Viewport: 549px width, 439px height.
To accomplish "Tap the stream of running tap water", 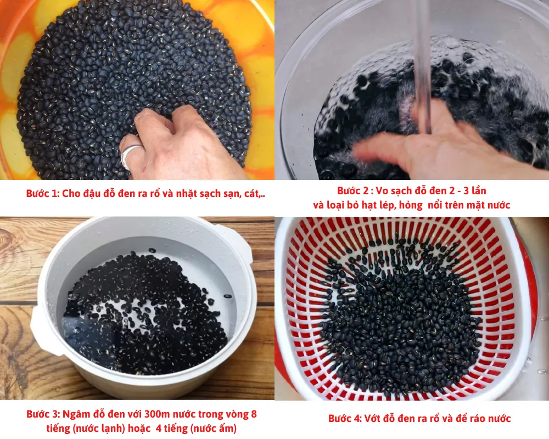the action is (x=422, y=66).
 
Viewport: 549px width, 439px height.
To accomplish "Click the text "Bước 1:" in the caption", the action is (x=42, y=194).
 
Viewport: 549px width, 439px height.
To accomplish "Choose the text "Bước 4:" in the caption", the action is (x=345, y=418).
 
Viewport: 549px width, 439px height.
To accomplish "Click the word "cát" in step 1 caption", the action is (x=251, y=194).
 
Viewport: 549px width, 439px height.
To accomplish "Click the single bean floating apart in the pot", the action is (x=228, y=296).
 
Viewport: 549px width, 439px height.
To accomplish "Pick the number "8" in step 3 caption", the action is (x=254, y=414).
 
